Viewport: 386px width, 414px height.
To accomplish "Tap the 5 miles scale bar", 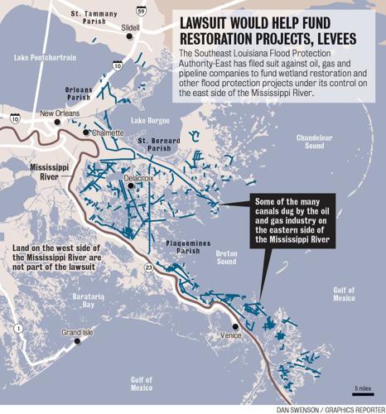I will click(363, 392).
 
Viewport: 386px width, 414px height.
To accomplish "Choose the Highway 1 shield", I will click(15, 329).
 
